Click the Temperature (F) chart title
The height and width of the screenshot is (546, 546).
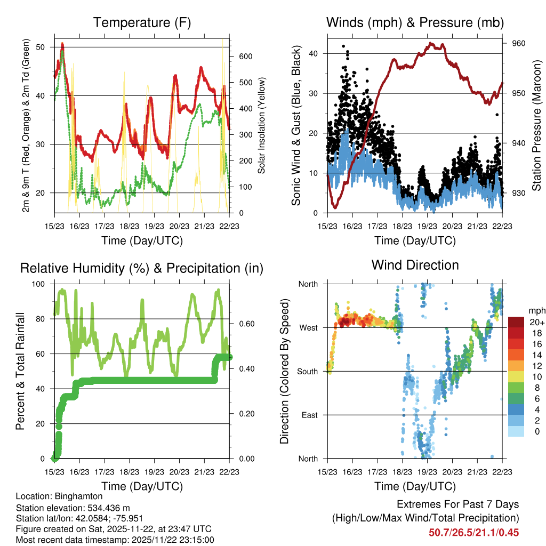click(142, 22)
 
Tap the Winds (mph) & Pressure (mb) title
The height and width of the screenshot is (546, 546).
click(415, 22)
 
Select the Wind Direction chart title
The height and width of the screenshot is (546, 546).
click(415, 265)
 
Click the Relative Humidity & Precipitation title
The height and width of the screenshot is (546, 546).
click(142, 268)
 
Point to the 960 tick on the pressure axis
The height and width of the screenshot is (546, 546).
click(518, 44)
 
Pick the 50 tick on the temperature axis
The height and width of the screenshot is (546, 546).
click(45, 47)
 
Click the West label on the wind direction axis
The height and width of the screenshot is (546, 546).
click(308, 327)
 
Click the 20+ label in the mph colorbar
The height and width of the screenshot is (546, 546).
click(537, 323)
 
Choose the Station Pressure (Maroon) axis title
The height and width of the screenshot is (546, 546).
click(537, 126)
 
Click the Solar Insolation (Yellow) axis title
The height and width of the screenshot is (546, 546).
click(262, 126)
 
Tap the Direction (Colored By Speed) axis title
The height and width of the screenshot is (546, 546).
click(284, 372)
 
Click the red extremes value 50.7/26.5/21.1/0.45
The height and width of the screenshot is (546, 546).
click(473, 532)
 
